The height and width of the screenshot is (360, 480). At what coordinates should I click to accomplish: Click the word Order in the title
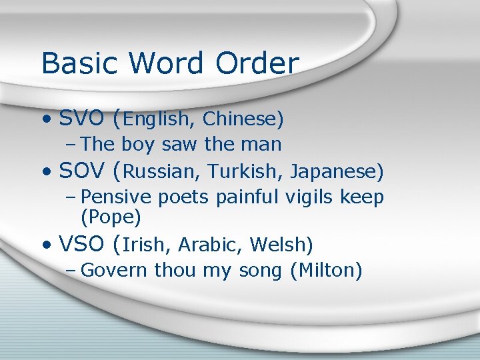click(x=257, y=63)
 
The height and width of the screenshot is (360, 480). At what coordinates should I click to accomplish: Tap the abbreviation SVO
click(x=81, y=119)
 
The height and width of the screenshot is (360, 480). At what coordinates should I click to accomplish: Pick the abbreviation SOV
click(x=81, y=171)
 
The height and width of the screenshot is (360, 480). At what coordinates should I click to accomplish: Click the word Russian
click(x=161, y=172)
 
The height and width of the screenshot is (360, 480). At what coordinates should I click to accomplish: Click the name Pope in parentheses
click(x=111, y=217)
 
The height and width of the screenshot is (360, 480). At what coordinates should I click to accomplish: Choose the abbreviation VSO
click(x=81, y=245)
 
